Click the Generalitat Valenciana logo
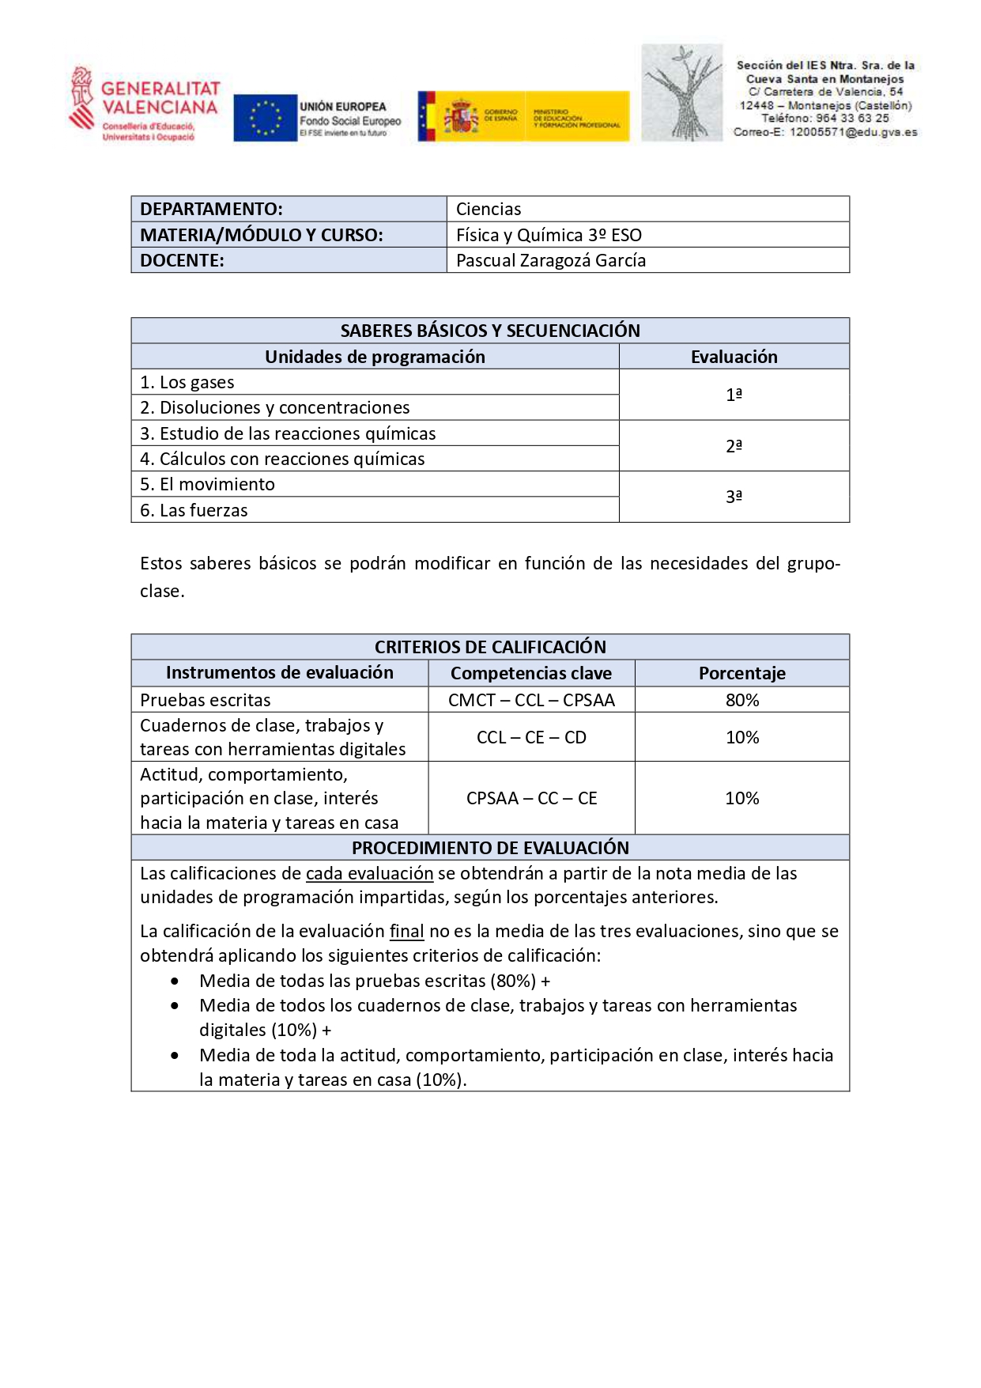point(144,104)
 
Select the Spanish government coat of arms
point(461,117)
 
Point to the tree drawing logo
point(681,93)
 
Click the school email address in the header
point(825,132)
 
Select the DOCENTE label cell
point(289,260)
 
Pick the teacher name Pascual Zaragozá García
point(551,260)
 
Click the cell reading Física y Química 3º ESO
point(549,235)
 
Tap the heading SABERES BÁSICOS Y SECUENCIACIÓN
point(490,331)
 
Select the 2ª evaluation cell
point(734,446)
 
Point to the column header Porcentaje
point(741,673)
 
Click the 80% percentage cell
point(741,700)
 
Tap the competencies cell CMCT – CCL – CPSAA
point(531,700)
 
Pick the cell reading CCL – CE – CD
point(531,737)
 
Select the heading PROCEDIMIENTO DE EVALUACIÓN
point(490,848)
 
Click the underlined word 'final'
point(406,932)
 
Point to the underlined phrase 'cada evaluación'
point(369,873)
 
